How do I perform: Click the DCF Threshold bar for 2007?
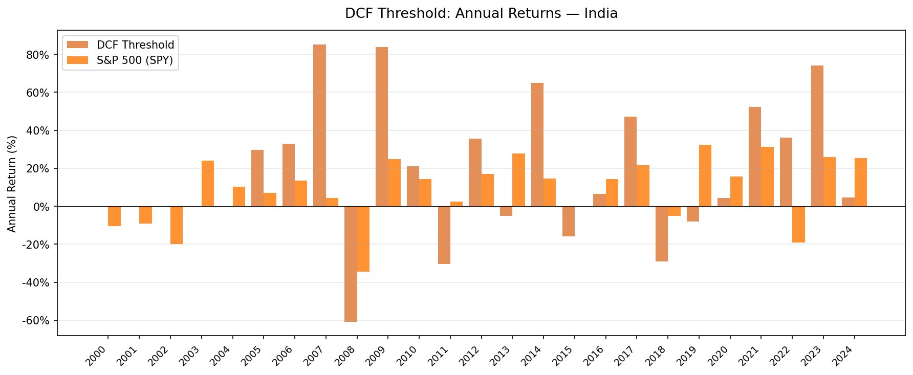(319, 125)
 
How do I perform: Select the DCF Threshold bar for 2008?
(351, 263)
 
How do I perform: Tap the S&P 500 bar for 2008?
(363, 239)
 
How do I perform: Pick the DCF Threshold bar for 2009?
(382, 126)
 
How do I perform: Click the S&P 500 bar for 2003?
(208, 183)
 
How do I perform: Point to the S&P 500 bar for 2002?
(177, 225)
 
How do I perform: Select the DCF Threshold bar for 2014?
(537, 144)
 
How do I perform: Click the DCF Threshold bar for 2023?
(817, 136)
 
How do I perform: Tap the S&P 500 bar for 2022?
(798, 224)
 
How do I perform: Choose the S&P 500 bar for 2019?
(705, 175)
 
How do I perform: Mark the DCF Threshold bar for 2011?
(444, 235)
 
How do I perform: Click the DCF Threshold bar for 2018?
(662, 234)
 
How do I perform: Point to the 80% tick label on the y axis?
(37, 55)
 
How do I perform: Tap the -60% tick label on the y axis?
(36, 321)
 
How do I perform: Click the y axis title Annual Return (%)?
(12, 183)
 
